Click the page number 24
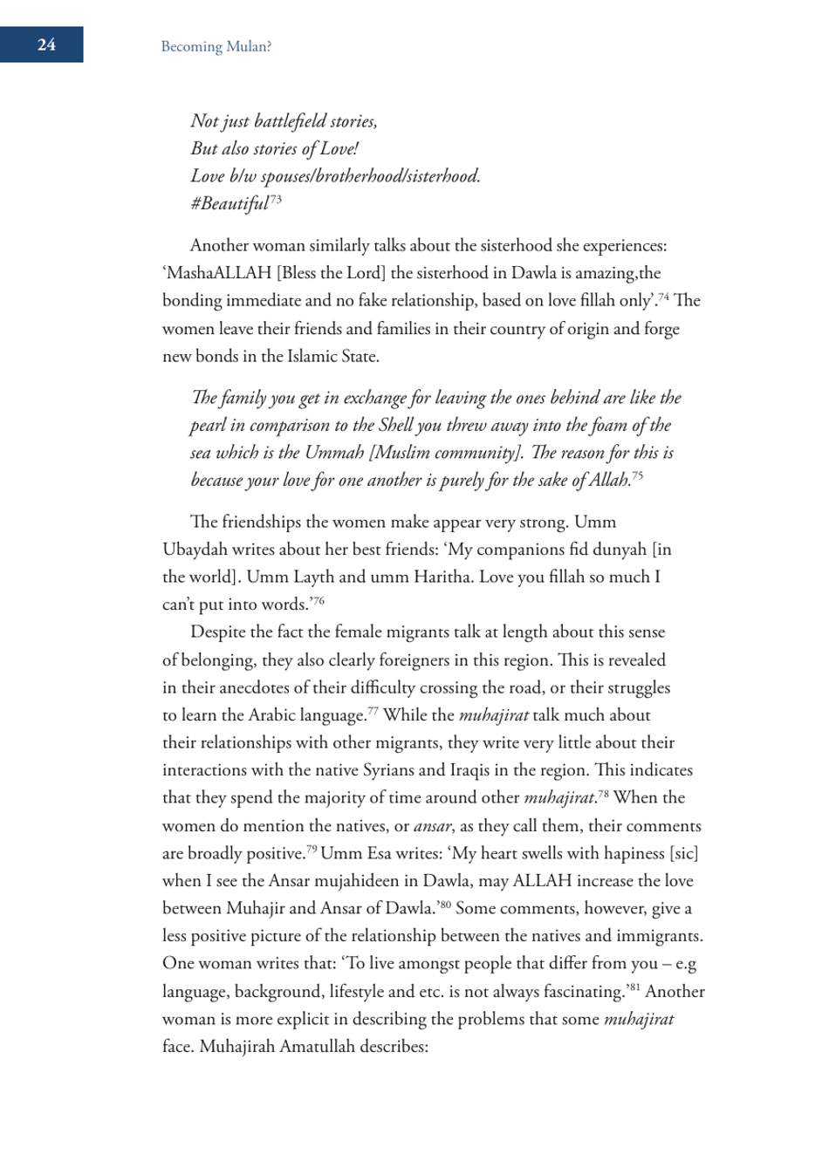46,44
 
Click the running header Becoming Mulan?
216,47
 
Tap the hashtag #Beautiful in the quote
230,204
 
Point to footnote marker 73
276,199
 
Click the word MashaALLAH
219,273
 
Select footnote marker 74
664,297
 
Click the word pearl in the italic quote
209,426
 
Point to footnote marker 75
638,475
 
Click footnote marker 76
319,600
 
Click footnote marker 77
373,711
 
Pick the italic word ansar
432,826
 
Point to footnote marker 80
445,905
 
